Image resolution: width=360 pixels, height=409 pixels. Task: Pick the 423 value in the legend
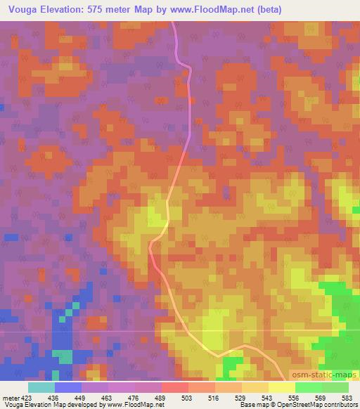pos(26,398)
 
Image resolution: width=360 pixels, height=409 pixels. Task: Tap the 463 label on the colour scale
pos(107,398)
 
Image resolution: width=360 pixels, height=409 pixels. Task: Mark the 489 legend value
pos(161,398)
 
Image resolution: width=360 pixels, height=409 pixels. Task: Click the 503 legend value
pos(188,398)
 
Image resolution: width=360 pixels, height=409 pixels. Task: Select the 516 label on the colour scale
pos(215,398)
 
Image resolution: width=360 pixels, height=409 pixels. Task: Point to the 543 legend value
pos(269,398)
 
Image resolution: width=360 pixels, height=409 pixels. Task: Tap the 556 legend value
pos(296,398)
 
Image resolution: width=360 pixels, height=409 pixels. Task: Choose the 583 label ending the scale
pos(347,398)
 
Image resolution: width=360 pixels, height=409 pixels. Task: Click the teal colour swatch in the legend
pos(41,387)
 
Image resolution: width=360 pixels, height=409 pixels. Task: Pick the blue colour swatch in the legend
pos(67,387)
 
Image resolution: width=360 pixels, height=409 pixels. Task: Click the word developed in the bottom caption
pos(93,405)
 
